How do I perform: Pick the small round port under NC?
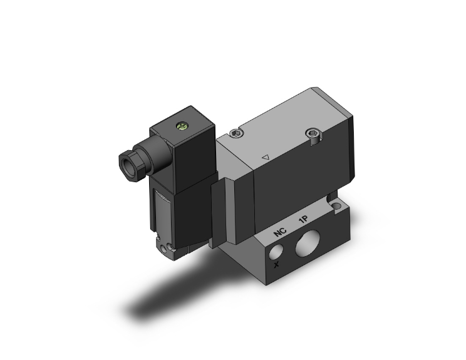[277, 252]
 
